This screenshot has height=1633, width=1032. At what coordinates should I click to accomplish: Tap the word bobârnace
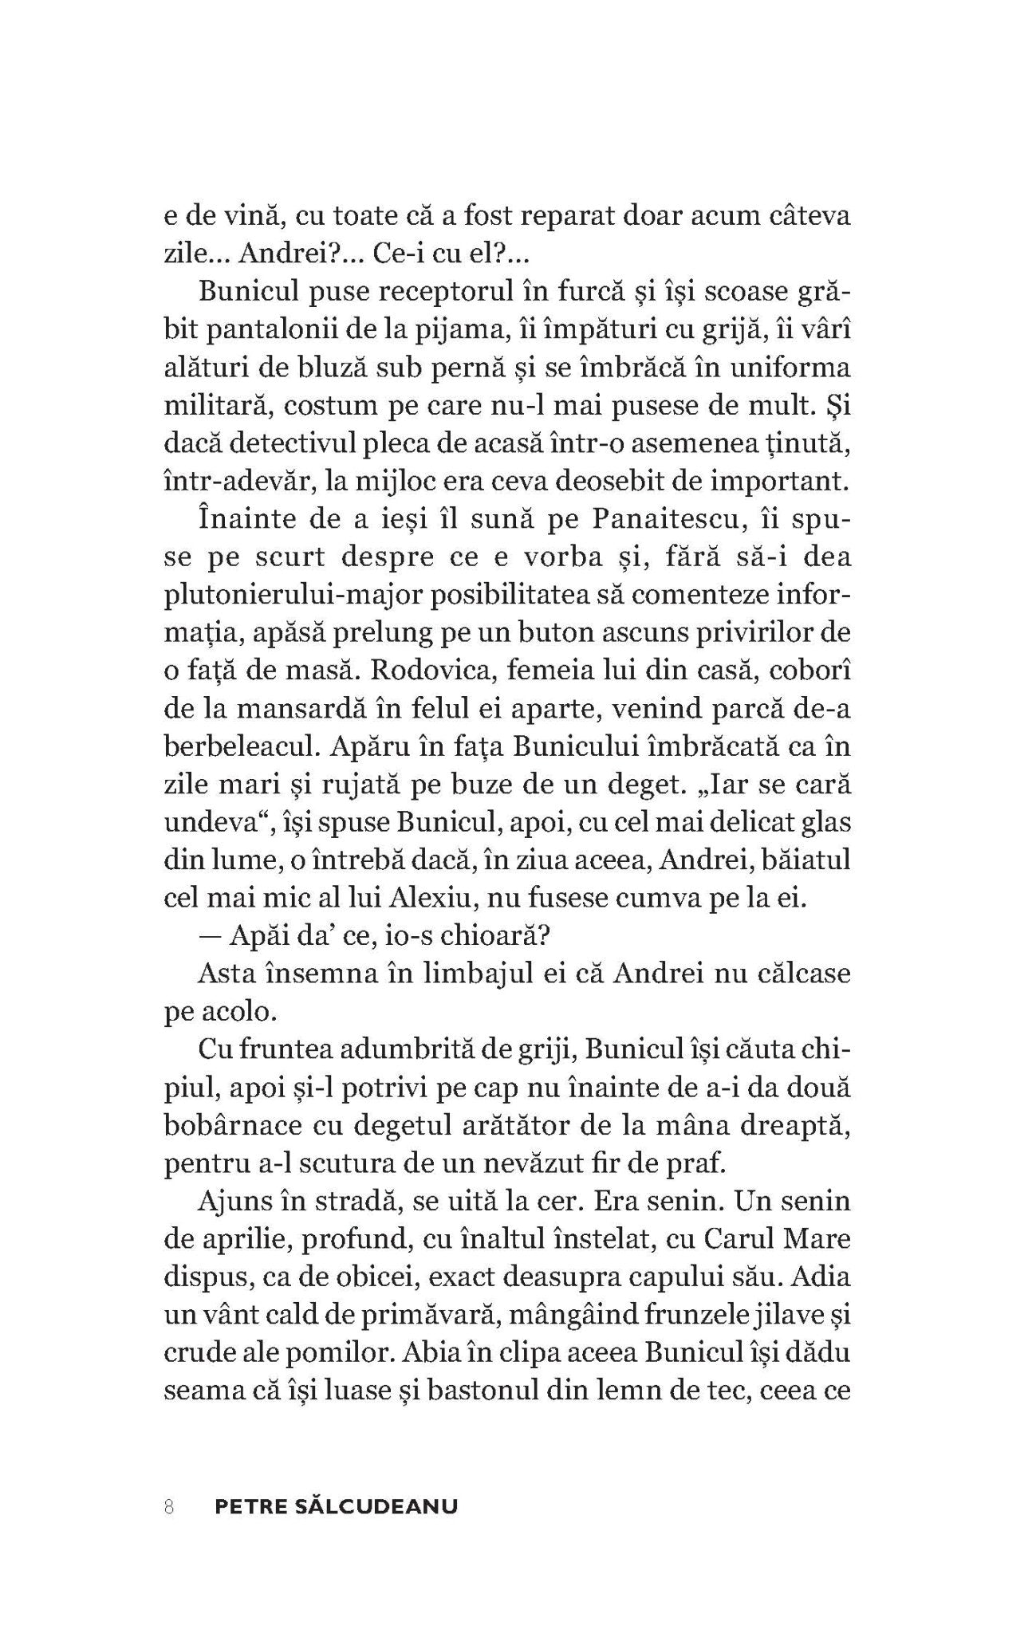[230, 1126]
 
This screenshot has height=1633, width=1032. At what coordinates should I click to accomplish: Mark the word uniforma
[798, 368]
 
